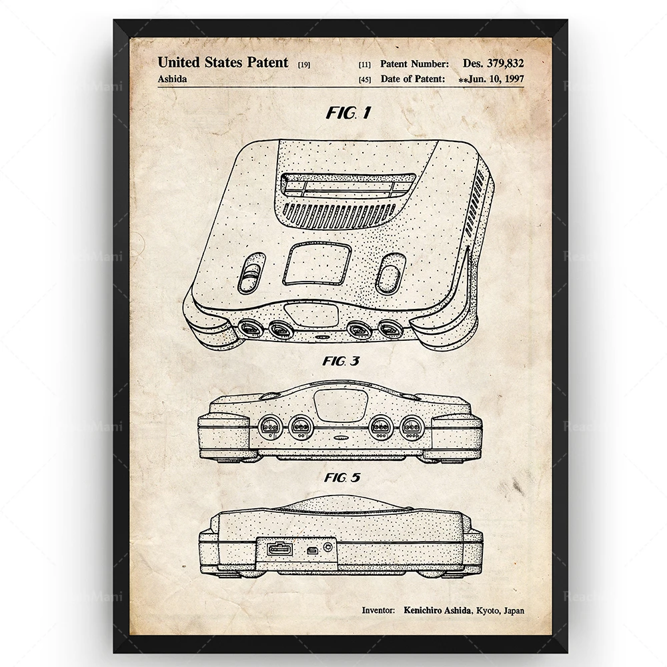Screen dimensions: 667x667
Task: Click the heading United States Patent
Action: point(223,63)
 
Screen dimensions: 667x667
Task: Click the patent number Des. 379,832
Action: point(493,63)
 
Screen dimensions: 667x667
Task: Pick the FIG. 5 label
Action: point(342,478)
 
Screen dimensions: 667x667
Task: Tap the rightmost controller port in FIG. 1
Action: point(390,328)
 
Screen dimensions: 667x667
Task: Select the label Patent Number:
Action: point(414,63)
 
